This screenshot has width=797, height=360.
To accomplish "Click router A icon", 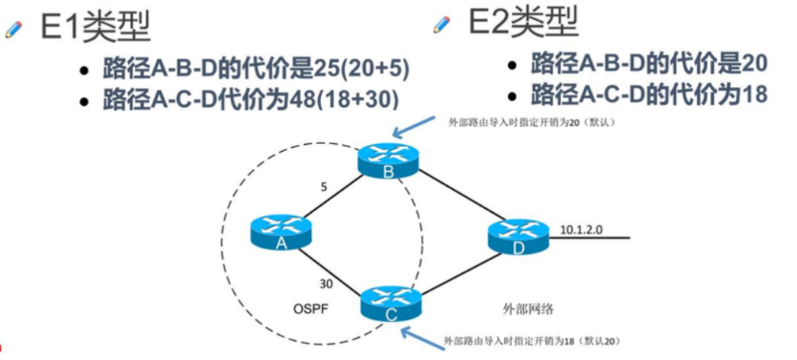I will click(x=281, y=233).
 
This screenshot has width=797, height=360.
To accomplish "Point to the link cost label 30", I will click(x=326, y=284).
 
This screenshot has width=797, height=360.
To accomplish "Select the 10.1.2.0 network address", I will click(x=583, y=228).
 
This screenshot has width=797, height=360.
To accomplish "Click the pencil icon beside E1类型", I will click(x=14, y=30).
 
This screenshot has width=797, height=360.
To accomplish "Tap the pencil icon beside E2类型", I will click(x=442, y=24).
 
